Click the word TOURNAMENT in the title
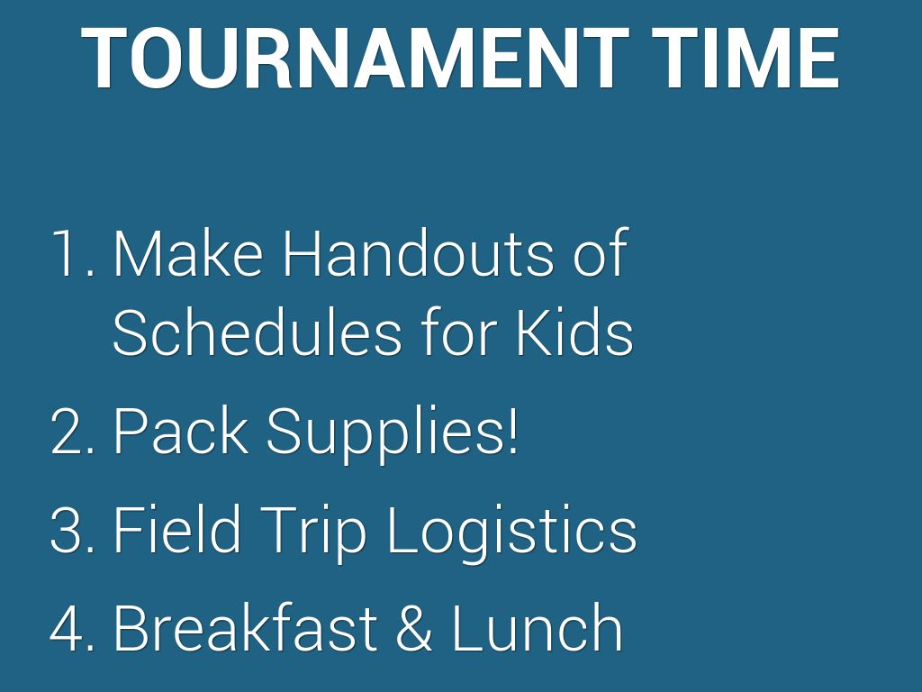355,59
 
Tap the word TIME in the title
746,59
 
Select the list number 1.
72,252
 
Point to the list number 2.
72,431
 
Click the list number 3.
72,529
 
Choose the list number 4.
72,627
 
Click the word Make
187,252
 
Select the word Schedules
257,332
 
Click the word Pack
180,430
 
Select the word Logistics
511,533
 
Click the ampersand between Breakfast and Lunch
414,627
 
